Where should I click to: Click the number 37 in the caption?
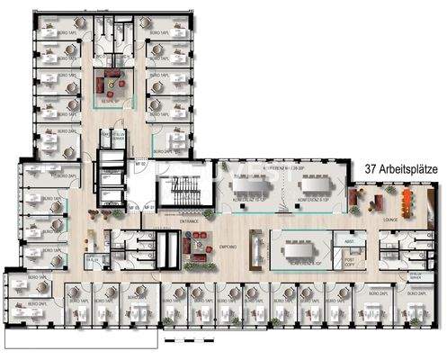tap(371, 168)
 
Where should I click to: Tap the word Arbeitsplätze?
tap(408, 168)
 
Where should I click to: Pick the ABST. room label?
tap(350, 241)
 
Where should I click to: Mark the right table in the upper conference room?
tap(315, 187)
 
